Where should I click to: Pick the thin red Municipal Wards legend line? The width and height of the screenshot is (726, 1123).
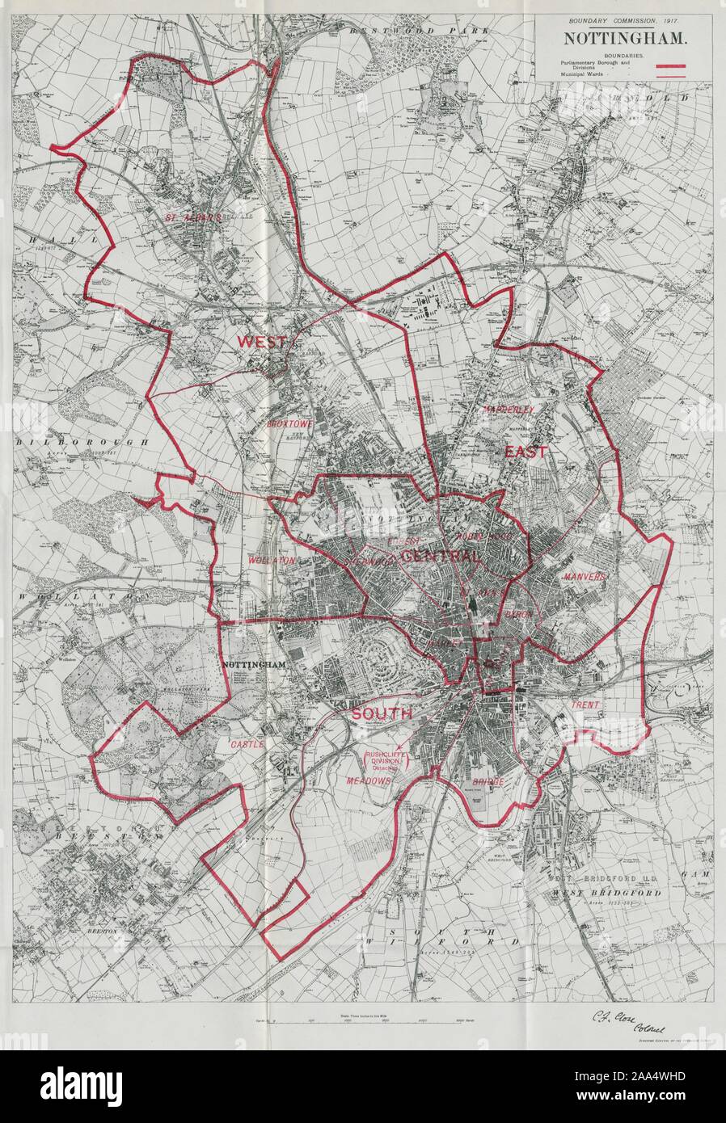click(674, 75)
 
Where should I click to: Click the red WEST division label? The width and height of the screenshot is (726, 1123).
click(261, 342)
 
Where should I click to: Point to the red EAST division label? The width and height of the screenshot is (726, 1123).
click(526, 452)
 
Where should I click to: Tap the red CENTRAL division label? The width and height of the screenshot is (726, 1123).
click(441, 557)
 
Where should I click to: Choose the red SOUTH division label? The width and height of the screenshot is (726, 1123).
click(381, 714)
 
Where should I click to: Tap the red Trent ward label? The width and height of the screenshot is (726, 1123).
click(585, 705)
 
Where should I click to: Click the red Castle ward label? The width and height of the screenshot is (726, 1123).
click(247, 743)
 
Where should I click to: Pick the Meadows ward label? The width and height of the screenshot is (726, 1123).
click(369, 781)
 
